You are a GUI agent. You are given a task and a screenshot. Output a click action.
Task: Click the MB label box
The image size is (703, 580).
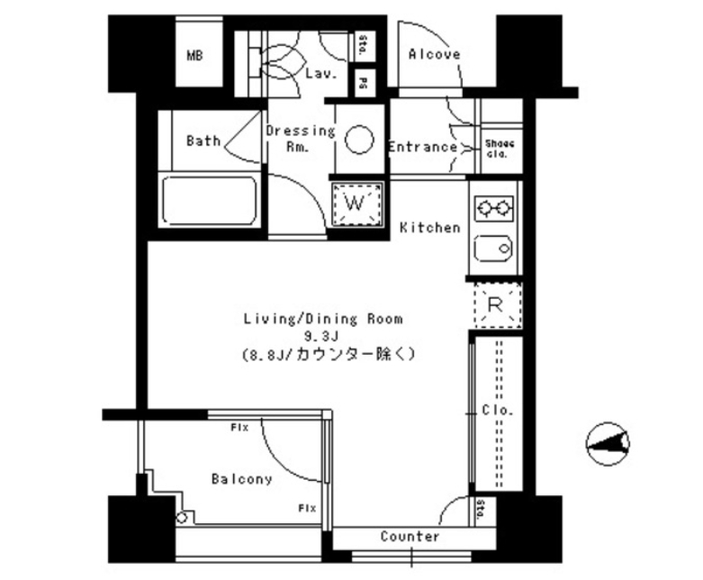[194, 56]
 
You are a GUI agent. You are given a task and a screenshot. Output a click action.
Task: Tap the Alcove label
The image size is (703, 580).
[434, 54]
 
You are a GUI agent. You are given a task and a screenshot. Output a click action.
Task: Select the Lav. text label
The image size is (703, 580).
[320, 75]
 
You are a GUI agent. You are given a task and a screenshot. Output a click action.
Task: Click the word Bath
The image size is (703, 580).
[203, 140]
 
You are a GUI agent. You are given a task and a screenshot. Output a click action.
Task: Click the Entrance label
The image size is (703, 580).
[422, 147]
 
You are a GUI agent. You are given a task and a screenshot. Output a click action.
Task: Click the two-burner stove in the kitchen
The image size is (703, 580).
[492, 209]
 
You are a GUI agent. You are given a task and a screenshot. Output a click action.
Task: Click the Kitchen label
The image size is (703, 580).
[429, 228]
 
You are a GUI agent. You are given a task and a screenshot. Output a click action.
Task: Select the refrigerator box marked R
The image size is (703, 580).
[493, 304]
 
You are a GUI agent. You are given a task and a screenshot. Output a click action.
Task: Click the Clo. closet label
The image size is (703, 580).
[496, 410]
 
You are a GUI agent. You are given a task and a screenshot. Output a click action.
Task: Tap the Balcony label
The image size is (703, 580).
[241, 479]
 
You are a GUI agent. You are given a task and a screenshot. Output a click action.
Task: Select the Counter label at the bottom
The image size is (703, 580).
[410, 537]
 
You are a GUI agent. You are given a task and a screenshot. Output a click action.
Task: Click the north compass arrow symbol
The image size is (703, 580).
[608, 441]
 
